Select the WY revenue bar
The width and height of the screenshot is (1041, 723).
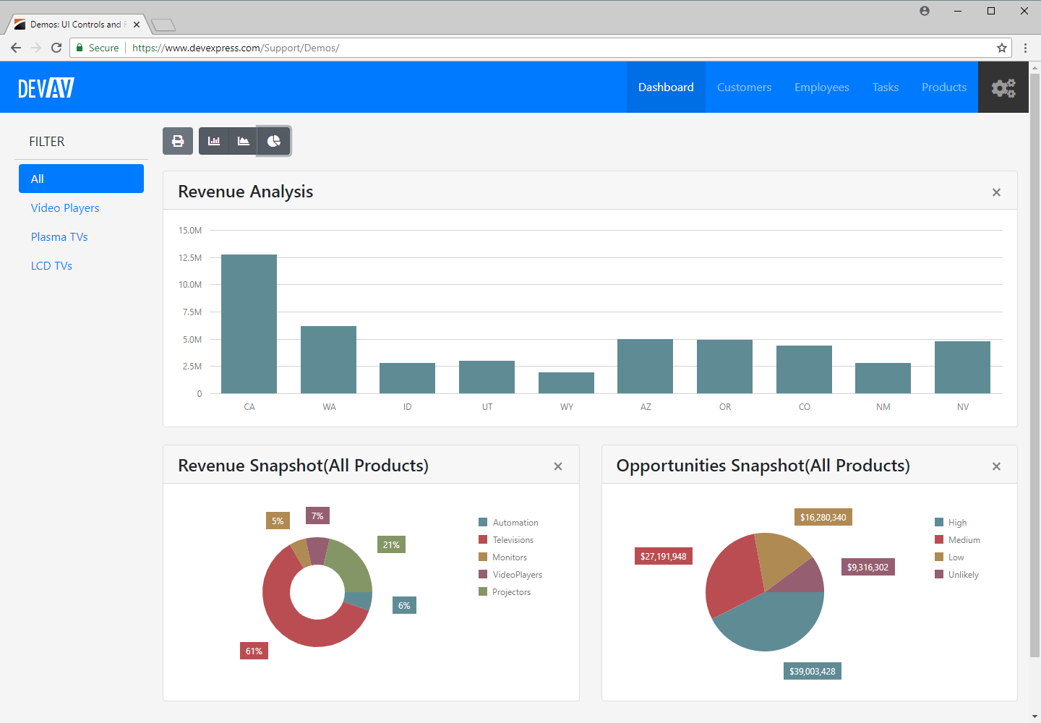(x=566, y=383)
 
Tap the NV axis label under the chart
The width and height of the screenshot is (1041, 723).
(x=962, y=407)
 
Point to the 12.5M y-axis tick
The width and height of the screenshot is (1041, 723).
(x=190, y=258)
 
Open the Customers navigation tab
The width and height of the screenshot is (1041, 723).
(x=744, y=87)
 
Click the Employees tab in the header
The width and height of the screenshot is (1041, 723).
(x=821, y=87)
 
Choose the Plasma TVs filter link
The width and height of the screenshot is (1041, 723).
(x=59, y=237)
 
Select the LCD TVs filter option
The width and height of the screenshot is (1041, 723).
(x=51, y=266)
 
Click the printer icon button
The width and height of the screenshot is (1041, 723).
(x=178, y=141)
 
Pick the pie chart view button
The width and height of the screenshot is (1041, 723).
(x=274, y=141)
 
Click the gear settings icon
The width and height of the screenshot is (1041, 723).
(x=1003, y=87)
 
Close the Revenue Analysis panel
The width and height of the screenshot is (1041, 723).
(x=996, y=192)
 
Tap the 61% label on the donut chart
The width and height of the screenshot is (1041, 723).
(x=254, y=651)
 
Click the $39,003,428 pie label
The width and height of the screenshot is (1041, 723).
(x=812, y=672)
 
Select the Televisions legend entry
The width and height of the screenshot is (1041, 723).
(x=513, y=540)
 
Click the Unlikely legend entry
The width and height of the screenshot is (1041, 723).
(x=963, y=575)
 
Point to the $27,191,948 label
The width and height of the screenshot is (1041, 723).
(x=663, y=557)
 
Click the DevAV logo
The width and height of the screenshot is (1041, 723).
(x=46, y=87)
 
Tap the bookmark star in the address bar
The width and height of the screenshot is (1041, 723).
(x=1002, y=48)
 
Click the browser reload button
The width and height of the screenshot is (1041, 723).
(x=56, y=48)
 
